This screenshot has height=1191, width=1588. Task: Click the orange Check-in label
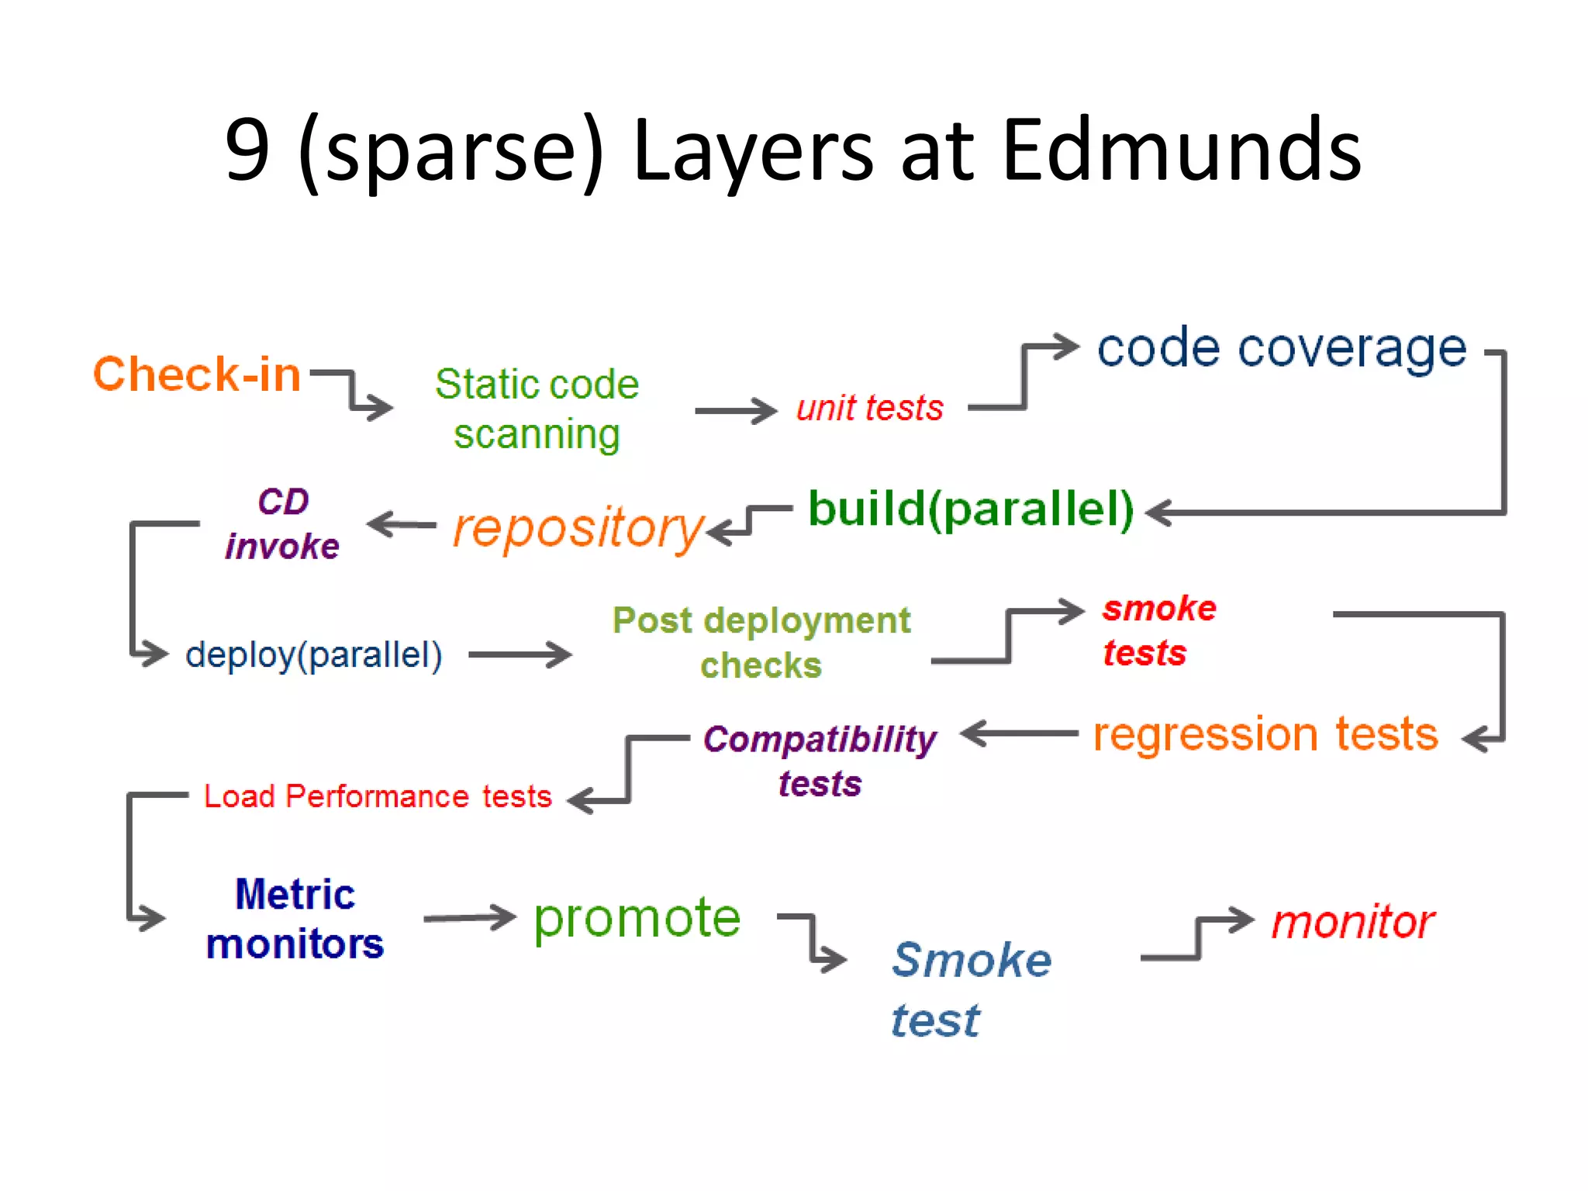(197, 375)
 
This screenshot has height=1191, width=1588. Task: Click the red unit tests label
(870, 408)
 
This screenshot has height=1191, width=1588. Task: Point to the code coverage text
(1282, 348)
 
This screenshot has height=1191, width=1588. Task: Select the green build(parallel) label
(971, 509)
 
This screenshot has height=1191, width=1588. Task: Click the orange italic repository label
(578, 528)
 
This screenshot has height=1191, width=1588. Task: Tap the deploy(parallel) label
(314, 655)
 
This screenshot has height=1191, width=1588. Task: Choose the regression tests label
(1265, 734)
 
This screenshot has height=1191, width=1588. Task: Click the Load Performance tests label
(378, 796)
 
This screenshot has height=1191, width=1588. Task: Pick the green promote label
(637, 918)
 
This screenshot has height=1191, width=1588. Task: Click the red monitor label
(1353, 922)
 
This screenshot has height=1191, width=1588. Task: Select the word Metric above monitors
(295, 894)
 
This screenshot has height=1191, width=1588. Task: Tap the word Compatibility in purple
(820, 739)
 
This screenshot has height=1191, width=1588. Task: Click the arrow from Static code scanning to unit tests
(735, 411)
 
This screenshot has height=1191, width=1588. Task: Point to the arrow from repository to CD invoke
(402, 524)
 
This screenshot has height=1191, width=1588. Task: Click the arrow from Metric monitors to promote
(469, 918)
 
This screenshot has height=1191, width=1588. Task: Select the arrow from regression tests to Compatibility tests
(1019, 733)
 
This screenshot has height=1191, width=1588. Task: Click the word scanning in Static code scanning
(537, 434)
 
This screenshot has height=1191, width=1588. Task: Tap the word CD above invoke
(283, 502)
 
